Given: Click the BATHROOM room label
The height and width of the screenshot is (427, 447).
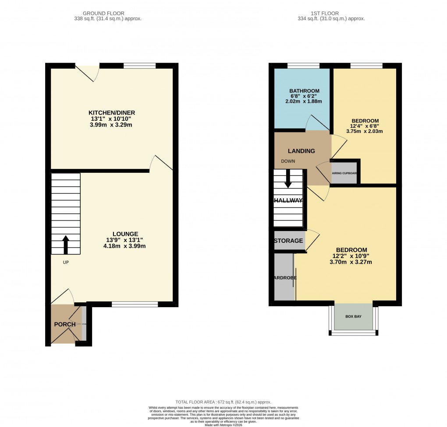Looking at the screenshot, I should tap(302, 91).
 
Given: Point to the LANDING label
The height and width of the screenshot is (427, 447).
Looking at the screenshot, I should tap(301, 151).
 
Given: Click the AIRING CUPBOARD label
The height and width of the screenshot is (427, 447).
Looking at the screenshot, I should tap(344, 173).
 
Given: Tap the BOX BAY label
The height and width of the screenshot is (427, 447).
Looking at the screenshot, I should tap(353, 316).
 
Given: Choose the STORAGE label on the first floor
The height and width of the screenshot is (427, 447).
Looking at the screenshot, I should tap(288, 241).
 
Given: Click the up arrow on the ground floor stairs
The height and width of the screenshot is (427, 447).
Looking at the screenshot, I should tap(66, 245).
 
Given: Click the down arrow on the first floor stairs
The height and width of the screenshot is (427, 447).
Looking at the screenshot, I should tap(288, 178).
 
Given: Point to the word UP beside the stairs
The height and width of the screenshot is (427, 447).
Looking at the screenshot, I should tap(66, 262).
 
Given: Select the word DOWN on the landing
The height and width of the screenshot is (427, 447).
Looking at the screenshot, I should tap(288, 161).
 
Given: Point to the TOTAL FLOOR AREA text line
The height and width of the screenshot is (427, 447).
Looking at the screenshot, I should tap(223, 402).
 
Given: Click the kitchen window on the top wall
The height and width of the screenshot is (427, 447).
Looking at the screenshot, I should tap(139, 66).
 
